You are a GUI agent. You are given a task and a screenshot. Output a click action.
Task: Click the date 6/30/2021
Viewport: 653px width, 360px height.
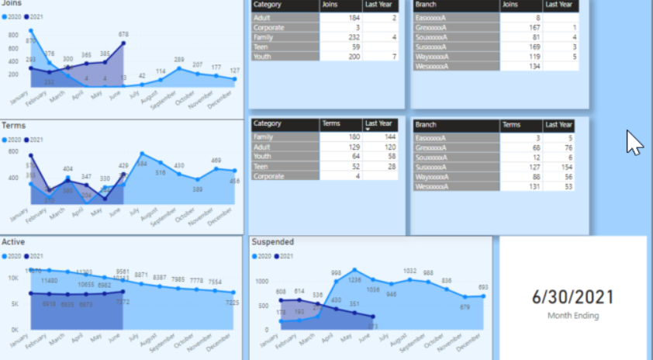pos(572,296)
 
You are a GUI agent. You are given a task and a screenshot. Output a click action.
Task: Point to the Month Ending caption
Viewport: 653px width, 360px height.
pos(572,316)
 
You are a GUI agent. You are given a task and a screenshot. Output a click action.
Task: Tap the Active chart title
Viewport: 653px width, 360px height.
pos(13,242)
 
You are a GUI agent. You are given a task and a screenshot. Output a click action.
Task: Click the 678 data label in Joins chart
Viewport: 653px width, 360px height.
pos(123,35)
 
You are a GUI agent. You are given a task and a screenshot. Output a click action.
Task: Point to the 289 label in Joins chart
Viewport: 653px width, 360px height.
pos(179,60)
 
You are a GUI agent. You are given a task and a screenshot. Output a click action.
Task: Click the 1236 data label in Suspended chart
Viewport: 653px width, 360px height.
pos(354,280)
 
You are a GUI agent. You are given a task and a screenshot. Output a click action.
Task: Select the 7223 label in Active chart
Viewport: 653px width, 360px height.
pos(233,302)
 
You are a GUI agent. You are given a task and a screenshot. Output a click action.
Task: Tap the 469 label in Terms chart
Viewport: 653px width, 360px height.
pos(216,161)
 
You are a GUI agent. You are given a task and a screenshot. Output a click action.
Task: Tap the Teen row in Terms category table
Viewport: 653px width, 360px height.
pos(285,167)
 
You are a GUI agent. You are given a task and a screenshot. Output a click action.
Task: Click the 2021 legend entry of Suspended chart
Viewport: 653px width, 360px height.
pos(284,256)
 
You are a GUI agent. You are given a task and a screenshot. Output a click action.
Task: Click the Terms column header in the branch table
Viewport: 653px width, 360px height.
pos(521,124)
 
